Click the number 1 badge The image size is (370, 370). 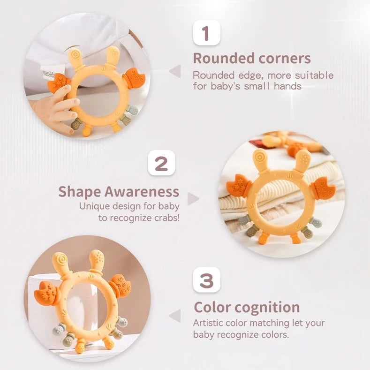206,34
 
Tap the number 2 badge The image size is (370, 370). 161,164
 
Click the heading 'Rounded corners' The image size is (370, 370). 252,59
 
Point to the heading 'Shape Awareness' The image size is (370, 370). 119,191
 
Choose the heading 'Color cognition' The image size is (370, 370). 247,307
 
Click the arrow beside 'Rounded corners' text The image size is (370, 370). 174,71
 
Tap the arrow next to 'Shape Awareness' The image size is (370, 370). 193,199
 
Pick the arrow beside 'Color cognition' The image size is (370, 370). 174,316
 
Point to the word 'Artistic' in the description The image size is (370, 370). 209,323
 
